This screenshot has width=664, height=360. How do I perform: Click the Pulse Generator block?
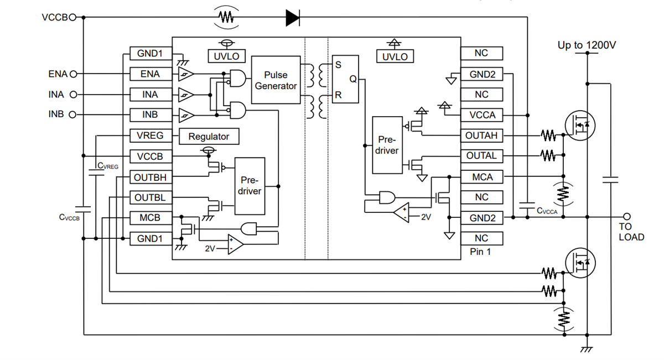click(276, 80)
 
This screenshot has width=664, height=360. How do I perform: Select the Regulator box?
click(209, 136)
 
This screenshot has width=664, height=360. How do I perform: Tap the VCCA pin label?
click(482, 115)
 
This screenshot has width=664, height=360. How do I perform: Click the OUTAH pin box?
click(482, 135)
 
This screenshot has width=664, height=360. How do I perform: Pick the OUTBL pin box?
click(150, 197)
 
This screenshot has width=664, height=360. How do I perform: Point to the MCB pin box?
click(150, 218)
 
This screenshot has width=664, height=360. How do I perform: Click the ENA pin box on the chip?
click(150, 74)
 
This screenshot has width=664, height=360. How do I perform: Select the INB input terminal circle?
click(72, 115)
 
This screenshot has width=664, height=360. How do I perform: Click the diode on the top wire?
click(293, 18)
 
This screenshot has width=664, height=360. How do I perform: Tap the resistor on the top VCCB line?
click(226, 18)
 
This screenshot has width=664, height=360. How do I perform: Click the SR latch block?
click(345, 80)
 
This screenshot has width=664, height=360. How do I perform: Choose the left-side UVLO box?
click(226, 56)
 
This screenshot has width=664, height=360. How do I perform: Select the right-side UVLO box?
click(395, 56)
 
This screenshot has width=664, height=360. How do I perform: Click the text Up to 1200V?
click(587, 45)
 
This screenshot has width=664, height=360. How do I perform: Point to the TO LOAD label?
click(631, 232)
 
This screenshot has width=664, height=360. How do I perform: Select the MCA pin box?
click(482, 177)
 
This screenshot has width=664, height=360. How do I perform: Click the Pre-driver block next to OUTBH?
click(250, 186)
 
